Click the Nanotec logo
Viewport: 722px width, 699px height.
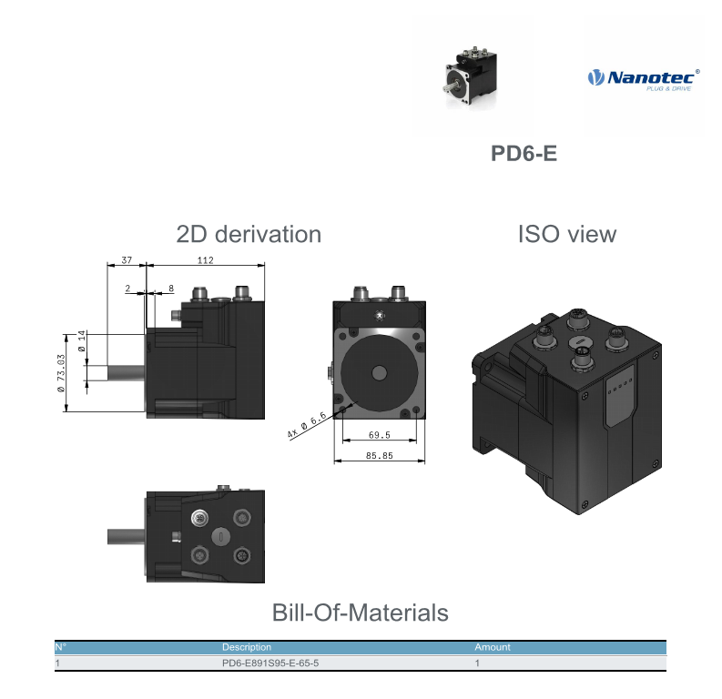pos(644,79)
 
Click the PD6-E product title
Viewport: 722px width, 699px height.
pos(524,153)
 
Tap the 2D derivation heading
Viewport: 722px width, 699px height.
pos(249,234)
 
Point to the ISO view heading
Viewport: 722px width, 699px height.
pos(567,234)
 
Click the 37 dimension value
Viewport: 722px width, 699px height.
pos(127,260)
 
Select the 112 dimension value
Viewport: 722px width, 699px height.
pos(206,260)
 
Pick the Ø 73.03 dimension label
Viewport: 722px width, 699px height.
pos(61,373)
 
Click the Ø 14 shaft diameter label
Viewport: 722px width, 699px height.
pos(82,341)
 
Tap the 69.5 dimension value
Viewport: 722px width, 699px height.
pos(380,435)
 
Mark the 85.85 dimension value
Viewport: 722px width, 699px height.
pos(380,456)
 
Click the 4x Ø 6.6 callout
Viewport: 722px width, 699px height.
pos(306,424)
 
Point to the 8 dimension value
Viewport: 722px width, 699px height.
pos(171,289)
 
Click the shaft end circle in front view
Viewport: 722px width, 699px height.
pos(380,373)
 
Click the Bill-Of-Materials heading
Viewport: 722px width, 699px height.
pos(360,613)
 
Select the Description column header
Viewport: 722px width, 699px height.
pos(247,647)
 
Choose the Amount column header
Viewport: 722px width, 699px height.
pos(493,647)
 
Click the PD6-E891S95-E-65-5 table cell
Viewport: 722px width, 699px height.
pos(270,664)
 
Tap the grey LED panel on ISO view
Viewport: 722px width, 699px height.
pos(619,395)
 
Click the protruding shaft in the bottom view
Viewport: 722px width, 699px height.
pos(127,537)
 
